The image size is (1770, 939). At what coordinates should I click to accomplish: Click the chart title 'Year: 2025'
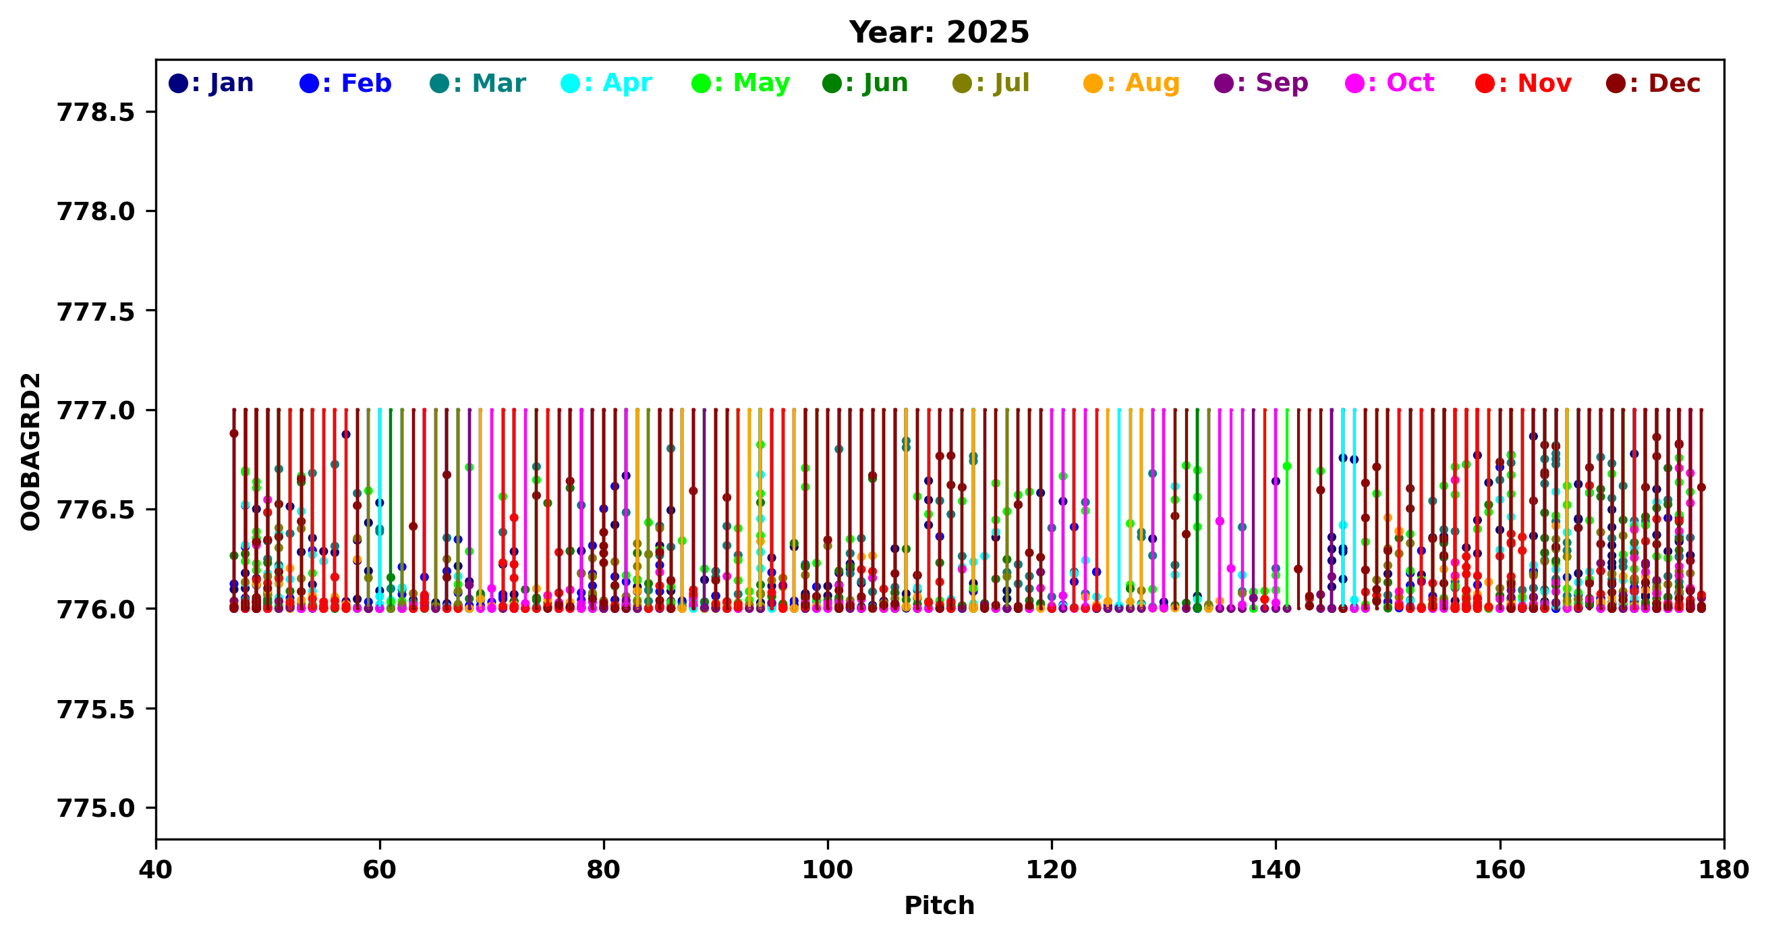[x=938, y=32]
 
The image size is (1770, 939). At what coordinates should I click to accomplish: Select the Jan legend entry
[x=212, y=83]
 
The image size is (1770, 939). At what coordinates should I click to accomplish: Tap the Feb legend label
[x=346, y=83]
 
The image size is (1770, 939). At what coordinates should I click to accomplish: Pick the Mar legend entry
[x=478, y=83]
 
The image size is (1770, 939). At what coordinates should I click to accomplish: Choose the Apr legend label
[x=606, y=83]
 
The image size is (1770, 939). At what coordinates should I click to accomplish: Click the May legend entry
[x=741, y=83]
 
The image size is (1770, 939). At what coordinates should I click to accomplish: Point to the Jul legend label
[x=992, y=83]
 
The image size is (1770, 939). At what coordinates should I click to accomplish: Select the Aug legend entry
[x=1132, y=83]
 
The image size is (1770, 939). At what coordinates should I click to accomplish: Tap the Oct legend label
[x=1390, y=83]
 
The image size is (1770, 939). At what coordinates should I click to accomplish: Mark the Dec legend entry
[x=1653, y=83]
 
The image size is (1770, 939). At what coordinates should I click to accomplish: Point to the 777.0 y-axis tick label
[x=96, y=410]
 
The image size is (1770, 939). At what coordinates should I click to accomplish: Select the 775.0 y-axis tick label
[x=96, y=809]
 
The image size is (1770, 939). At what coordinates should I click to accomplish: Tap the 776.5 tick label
[x=96, y=510]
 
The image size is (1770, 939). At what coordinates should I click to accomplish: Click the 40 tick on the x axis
[x=156, y=870]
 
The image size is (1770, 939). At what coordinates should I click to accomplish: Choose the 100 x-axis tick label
[x=827, y=870]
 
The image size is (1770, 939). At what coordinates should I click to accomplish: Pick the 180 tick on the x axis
[x=1723, y=870]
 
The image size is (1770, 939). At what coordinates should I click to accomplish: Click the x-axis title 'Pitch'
[x=938, y=905]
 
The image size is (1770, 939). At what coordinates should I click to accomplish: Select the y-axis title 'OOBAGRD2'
[x=31, y=452]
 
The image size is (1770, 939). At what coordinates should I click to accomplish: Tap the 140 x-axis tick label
[x=1276, y=870]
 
